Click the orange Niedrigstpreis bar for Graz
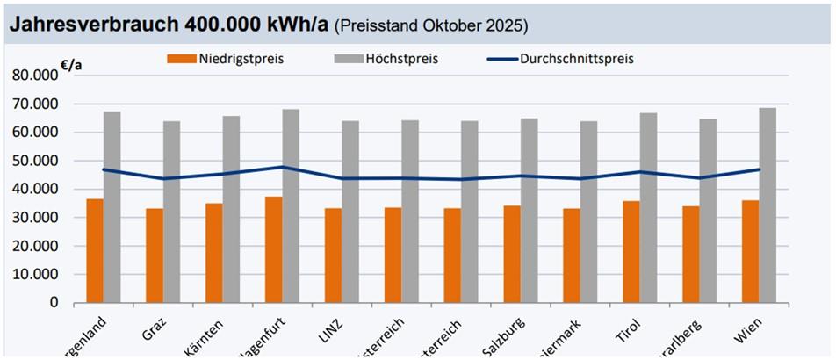154,256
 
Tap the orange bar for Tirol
631,252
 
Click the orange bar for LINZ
333,256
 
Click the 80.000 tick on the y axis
32,76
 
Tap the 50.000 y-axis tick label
32,162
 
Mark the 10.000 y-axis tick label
32,275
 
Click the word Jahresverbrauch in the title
93,25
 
